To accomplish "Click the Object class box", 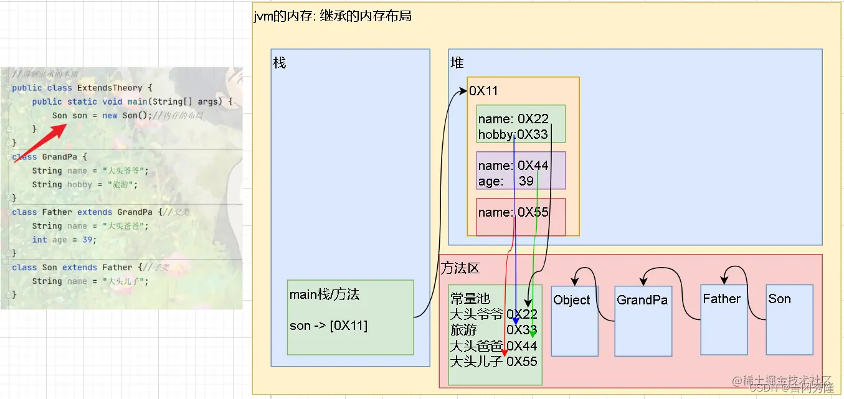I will pos(574,321).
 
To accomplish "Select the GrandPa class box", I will pos(643,321).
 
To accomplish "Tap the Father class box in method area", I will pos(724,319).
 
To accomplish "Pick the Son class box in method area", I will pos(789,319).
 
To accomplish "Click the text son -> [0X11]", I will pos(328,326).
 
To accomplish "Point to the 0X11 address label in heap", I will pos(484,92).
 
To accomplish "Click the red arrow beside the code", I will pos(40,143).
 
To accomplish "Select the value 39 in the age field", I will pos(526,181).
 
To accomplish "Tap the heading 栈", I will pos(280,63).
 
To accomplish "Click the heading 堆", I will pos(457,63).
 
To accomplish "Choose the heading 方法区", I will pos(460,268).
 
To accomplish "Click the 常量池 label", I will pos(470,299).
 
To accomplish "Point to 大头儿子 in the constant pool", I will pos(477,361).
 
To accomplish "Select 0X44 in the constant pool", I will pos(522,345).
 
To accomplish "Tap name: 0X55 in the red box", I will pos(513,212).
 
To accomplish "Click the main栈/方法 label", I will pos(325,294).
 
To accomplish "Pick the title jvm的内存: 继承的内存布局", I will pos(333,16).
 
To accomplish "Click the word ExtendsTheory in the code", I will pos(110,88).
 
